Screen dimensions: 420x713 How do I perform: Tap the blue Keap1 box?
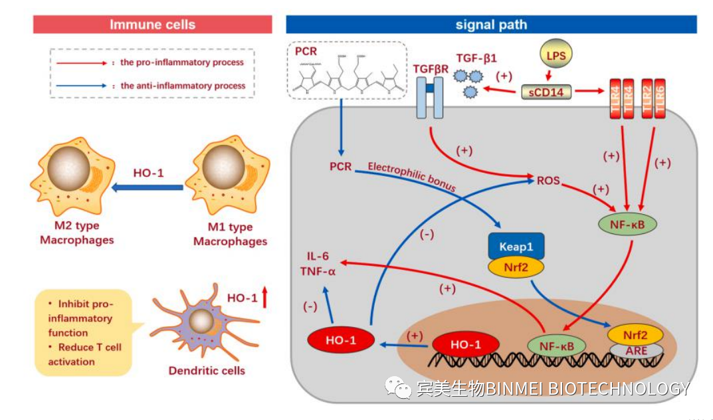point(516,246)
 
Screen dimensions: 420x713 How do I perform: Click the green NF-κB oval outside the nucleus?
point(627,224)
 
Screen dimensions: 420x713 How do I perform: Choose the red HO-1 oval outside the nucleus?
point(339,341)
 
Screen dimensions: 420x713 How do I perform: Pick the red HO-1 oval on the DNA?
point(464,344)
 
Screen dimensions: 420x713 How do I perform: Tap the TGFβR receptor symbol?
point(429,97)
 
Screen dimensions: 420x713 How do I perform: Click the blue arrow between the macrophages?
point(148,188)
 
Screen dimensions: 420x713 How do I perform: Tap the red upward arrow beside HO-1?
point(264,297)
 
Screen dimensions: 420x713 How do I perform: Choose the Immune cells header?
point(153,25)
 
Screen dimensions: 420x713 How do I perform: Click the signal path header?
point(491,25)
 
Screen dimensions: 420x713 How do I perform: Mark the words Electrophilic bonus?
point(412,177)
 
